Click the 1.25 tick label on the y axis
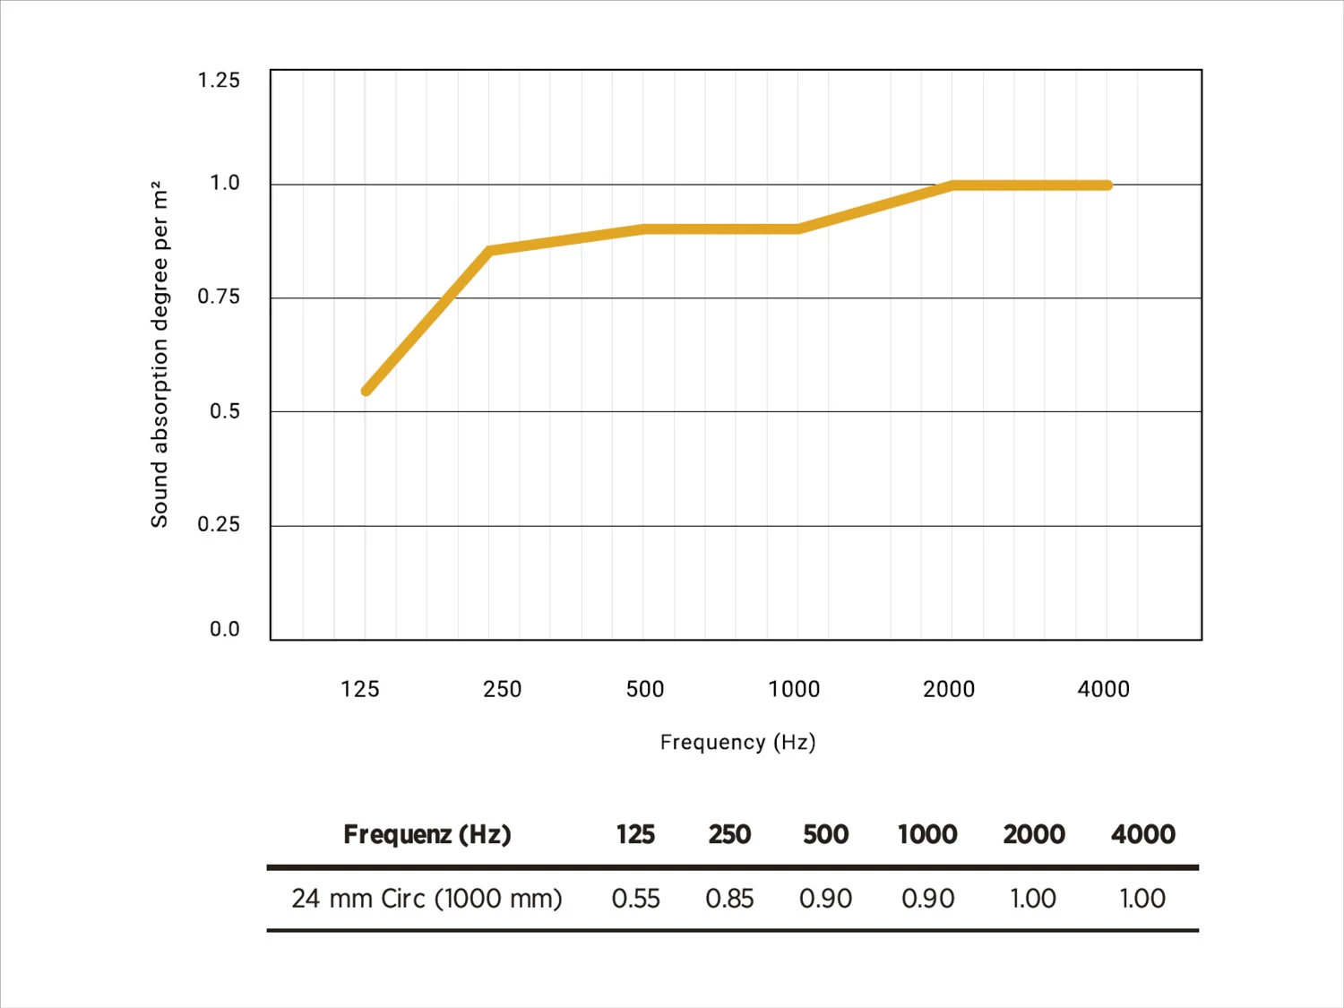click(219, 81)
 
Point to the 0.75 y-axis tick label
click(219, 297)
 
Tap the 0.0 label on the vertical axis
click(224, 629)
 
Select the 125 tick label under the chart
click(360, 689)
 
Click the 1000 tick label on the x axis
click(794, 689)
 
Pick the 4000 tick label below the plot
click(1103, 689)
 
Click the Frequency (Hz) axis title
click(737, 742)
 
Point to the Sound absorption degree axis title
click(159, 354)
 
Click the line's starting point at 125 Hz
click(366, 391)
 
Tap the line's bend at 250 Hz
click(490, 251)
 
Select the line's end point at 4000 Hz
click(1107, 185)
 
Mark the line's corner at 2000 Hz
click(952, 185)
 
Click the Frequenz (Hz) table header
click(426, 834)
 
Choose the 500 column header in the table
click(825, 834)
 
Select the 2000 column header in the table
click(1033, 834)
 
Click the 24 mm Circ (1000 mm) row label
click(426, 898)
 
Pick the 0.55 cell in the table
click(635, 898)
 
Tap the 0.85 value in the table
click(729, 898)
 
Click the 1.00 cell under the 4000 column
click(1142, 898)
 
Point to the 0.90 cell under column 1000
click(927, 898)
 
